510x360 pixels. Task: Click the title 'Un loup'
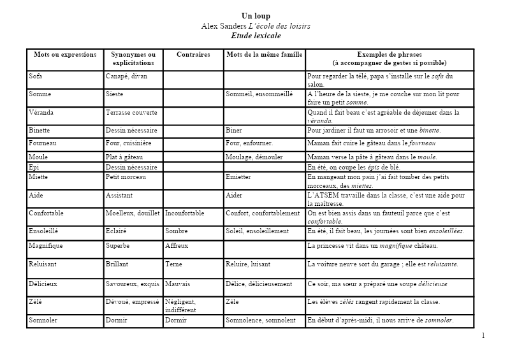(x=256, y=16)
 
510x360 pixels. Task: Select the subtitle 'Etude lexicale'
(x=256, y=36)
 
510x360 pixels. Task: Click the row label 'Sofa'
(x=35, y=76)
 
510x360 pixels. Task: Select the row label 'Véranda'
(x=41, y=113)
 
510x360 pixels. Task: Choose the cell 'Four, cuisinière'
(x=128, y=143)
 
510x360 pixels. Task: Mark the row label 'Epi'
(x=34, y=167)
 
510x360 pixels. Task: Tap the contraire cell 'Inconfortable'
(x=185, y=213)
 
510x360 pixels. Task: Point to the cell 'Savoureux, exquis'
(x=133, y=284)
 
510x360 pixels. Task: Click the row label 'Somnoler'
(x=43, y=320)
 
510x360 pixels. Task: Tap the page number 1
(x=483, y=336)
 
